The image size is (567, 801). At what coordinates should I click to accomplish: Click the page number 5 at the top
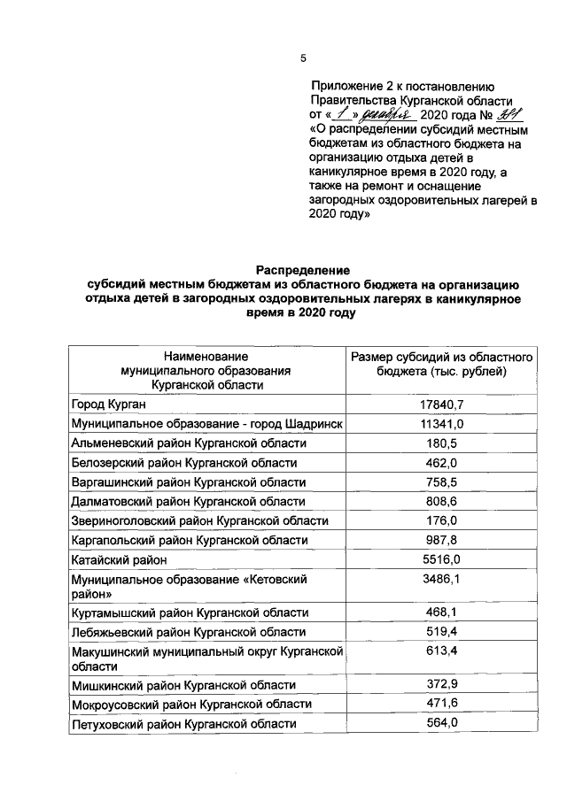tap(302, 58)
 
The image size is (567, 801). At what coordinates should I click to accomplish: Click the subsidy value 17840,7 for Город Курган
tap(441, 404)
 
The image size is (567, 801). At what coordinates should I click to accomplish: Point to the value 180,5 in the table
tap(441, 443)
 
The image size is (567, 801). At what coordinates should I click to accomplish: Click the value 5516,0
tap(441, 559)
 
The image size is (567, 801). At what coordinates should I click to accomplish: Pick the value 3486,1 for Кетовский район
tap(441, 579)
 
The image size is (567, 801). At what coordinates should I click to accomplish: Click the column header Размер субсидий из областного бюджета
tap(441, 363)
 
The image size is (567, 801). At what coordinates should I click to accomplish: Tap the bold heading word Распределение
tap(304, 269)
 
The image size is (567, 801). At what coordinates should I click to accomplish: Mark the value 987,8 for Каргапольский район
tap(441, 540)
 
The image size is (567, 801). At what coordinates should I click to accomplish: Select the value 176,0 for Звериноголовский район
tap(441, 520)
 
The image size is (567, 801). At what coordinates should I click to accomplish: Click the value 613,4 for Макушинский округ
tap(441, 651)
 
